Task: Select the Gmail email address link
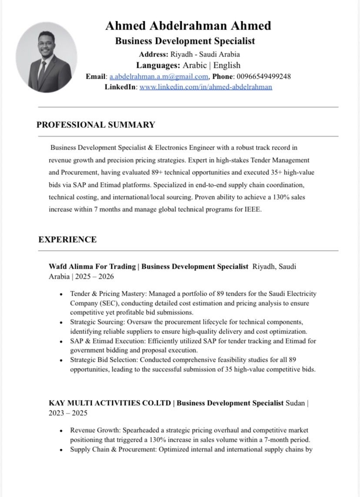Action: [x=159, y=77]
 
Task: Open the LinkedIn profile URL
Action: [x=206, y=87]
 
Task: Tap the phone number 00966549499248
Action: [x=264, y=77]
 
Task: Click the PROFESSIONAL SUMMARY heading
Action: [x=96, y=125]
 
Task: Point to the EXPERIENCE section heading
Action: [x=67, y=240]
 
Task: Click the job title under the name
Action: [x=185, y=41]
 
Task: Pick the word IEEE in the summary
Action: [x=253, y=209]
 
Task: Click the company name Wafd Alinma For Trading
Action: [x=92, y=266]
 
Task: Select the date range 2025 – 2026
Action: [x=94, y=277]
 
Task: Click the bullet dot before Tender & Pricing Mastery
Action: [x=61, y=294]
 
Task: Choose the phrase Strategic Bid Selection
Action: [x=103, y=360]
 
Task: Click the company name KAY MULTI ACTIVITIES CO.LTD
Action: [x=110, y=403]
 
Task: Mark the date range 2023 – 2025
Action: [x=68, y=413]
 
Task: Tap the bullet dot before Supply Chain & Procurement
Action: [x=61, y=450]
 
